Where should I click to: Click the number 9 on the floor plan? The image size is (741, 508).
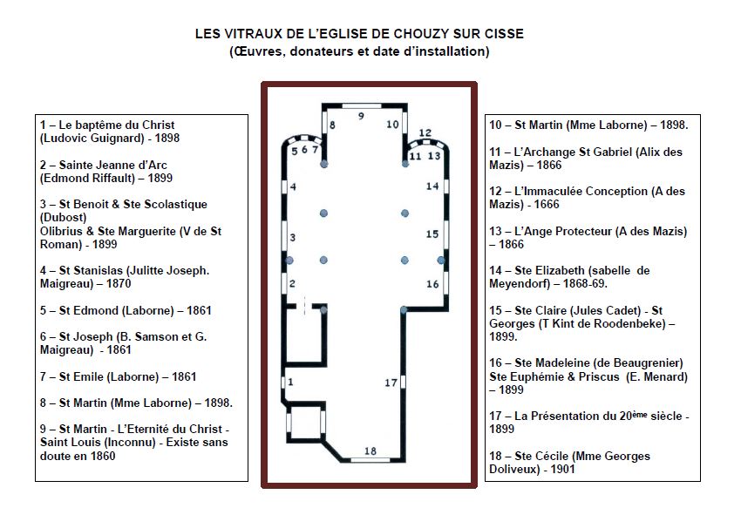[x=360, y=114]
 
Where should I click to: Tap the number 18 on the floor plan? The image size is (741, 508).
[x=370, y=450]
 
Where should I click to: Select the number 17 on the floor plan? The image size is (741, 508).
[x=391, y=383]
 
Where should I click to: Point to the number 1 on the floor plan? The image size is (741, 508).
[x=291, y=381]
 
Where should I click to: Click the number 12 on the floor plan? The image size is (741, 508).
[x=425, y=133]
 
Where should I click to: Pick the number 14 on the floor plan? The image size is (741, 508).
[x=432, y=186]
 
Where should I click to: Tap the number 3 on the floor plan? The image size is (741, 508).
[x=293, y=237]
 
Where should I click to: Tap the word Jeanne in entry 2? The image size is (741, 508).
[x=126, y=165]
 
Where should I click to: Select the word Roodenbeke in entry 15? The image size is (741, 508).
[x=630, y=323]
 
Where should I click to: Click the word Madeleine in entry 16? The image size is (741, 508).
[x=568, y=362]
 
